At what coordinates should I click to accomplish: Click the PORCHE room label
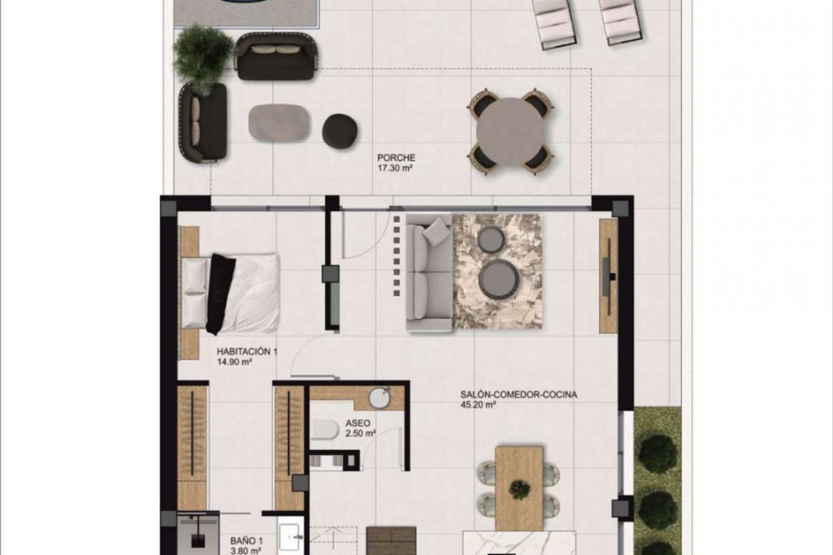point(396,158)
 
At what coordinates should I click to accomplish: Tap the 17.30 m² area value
point(394,167)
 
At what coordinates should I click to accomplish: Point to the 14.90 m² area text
point(235,362)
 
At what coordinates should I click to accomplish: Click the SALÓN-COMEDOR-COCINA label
point(519,395)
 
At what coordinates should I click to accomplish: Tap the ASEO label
point(358,423)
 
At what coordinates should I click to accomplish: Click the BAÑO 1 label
point(246,541)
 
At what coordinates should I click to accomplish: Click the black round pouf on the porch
point(340,128)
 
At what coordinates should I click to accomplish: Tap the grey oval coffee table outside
point(279,123)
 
